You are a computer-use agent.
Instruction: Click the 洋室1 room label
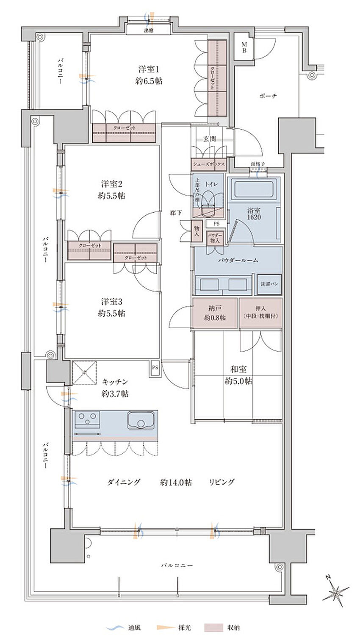(x=149, y=75)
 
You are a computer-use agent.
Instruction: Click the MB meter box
(x=244, y=47)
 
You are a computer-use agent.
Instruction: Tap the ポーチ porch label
(x=268, y=96)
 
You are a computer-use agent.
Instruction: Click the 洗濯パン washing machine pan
(x=269, y=284)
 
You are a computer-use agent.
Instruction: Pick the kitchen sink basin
(x=140, y=420)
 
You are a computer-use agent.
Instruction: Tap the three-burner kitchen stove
(x=87, y=420)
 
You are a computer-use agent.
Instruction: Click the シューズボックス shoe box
(x=208, y=164)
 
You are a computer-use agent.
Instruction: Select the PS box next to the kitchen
(x=155, y=367)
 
